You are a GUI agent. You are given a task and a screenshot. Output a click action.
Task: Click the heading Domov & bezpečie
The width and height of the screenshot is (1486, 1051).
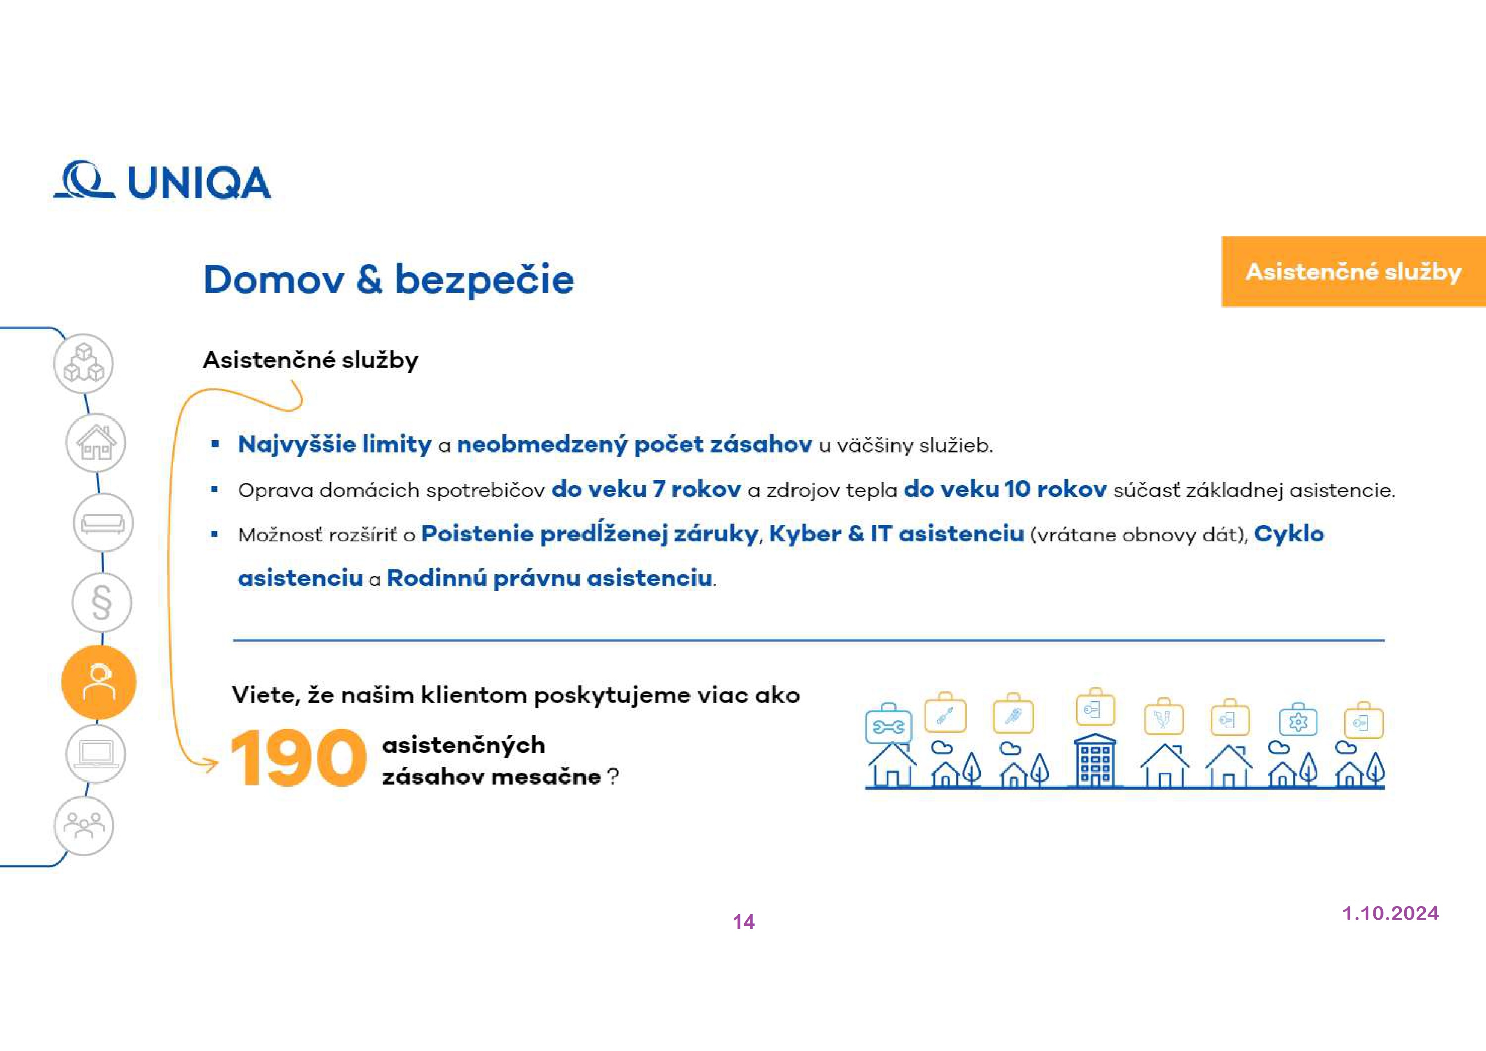388,279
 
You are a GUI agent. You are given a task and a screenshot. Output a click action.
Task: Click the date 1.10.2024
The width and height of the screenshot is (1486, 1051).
1389,913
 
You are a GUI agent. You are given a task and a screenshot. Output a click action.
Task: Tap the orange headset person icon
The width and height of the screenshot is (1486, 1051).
98,682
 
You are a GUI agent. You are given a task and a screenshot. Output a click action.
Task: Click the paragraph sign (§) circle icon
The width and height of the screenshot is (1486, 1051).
102,602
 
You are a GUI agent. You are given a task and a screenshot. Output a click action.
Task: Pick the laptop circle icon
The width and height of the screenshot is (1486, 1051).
96,754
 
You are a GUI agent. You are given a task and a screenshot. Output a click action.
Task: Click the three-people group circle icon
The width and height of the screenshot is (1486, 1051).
83,826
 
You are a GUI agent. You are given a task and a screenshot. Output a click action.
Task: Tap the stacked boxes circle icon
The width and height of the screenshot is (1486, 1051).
83,363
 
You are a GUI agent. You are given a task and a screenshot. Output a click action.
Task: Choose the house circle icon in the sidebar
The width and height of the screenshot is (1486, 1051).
96,443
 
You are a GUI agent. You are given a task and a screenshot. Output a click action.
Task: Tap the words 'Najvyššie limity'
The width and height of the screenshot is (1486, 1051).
334,444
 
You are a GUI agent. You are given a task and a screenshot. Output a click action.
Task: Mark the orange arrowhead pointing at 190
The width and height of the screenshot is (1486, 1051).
212,765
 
